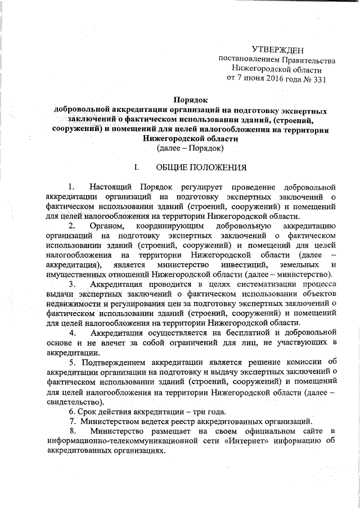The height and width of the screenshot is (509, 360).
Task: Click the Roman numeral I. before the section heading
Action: (x=135, y=168)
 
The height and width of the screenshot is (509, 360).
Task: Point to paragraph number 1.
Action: (x=70, y=187)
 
